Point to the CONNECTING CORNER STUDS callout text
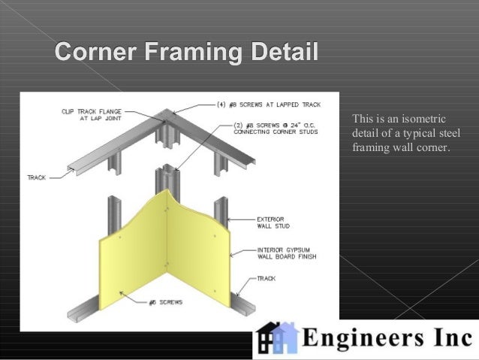(x=276, y=132)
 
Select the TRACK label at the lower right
(x=266, y=278)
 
